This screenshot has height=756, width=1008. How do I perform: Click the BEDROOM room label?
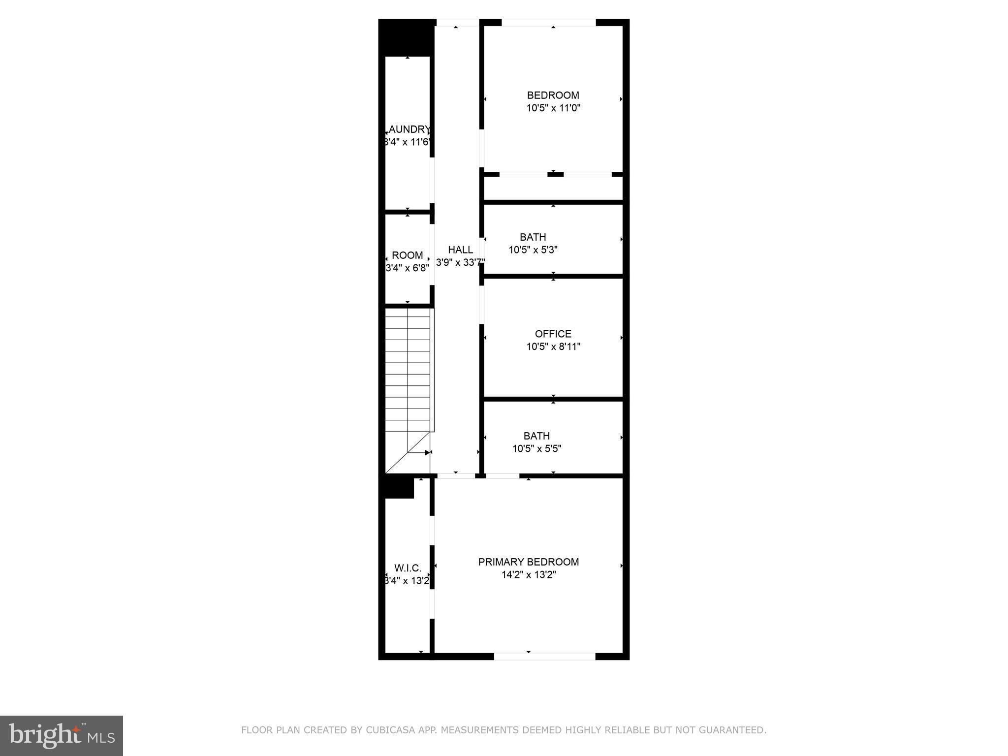tap(553, 95)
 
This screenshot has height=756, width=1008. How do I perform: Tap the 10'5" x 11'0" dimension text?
tap(553, 108)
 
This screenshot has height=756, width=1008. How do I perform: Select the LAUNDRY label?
tap(408, 129)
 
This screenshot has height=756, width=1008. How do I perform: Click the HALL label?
tap(460, 250)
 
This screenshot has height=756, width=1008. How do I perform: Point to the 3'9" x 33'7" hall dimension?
tap(460, 263)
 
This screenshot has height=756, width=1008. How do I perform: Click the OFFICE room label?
tap(553, 334)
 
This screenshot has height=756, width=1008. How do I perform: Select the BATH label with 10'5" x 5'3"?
tap(533, 237)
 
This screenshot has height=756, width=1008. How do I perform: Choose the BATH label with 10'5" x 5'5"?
tap(536, 436)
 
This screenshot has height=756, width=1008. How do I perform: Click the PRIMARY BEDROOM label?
tap(528, 562)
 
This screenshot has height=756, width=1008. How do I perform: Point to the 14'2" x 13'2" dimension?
tap(528, 575)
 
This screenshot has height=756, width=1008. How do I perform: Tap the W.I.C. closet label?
tap(408, 568)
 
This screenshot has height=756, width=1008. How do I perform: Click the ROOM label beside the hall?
tap(407, 255)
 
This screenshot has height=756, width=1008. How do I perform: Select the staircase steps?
tap(407, 374)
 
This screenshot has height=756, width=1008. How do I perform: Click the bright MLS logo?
tap(62, 736)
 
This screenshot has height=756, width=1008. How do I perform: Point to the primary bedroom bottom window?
tap(544, 656)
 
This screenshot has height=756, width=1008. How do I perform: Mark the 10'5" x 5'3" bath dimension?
tap(533, 250)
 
